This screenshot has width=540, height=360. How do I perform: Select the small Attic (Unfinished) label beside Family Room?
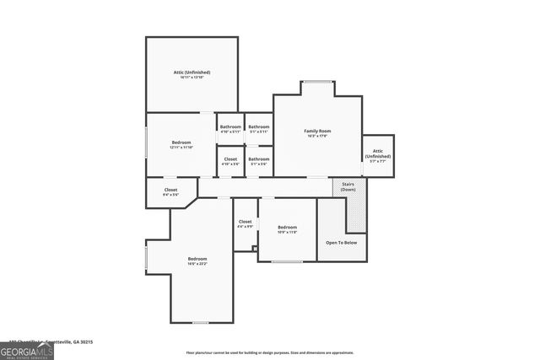click(x=378, y=153)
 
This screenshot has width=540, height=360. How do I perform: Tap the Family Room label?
click(x=318, y=131)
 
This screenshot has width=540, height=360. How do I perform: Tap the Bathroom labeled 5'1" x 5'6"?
click(x=258, y=160)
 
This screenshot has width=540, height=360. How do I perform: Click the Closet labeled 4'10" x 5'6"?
click(x=230, y=160)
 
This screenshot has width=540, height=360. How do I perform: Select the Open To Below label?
click(x=341, y=242)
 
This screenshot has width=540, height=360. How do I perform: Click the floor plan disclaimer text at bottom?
click(x=270, y=353)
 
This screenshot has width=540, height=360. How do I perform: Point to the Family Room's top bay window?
click(x=318, y=82)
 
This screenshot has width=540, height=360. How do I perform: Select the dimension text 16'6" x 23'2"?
click(x=197, y=264)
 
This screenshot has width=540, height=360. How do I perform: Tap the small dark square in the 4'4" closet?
click(x=255, y=248)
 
